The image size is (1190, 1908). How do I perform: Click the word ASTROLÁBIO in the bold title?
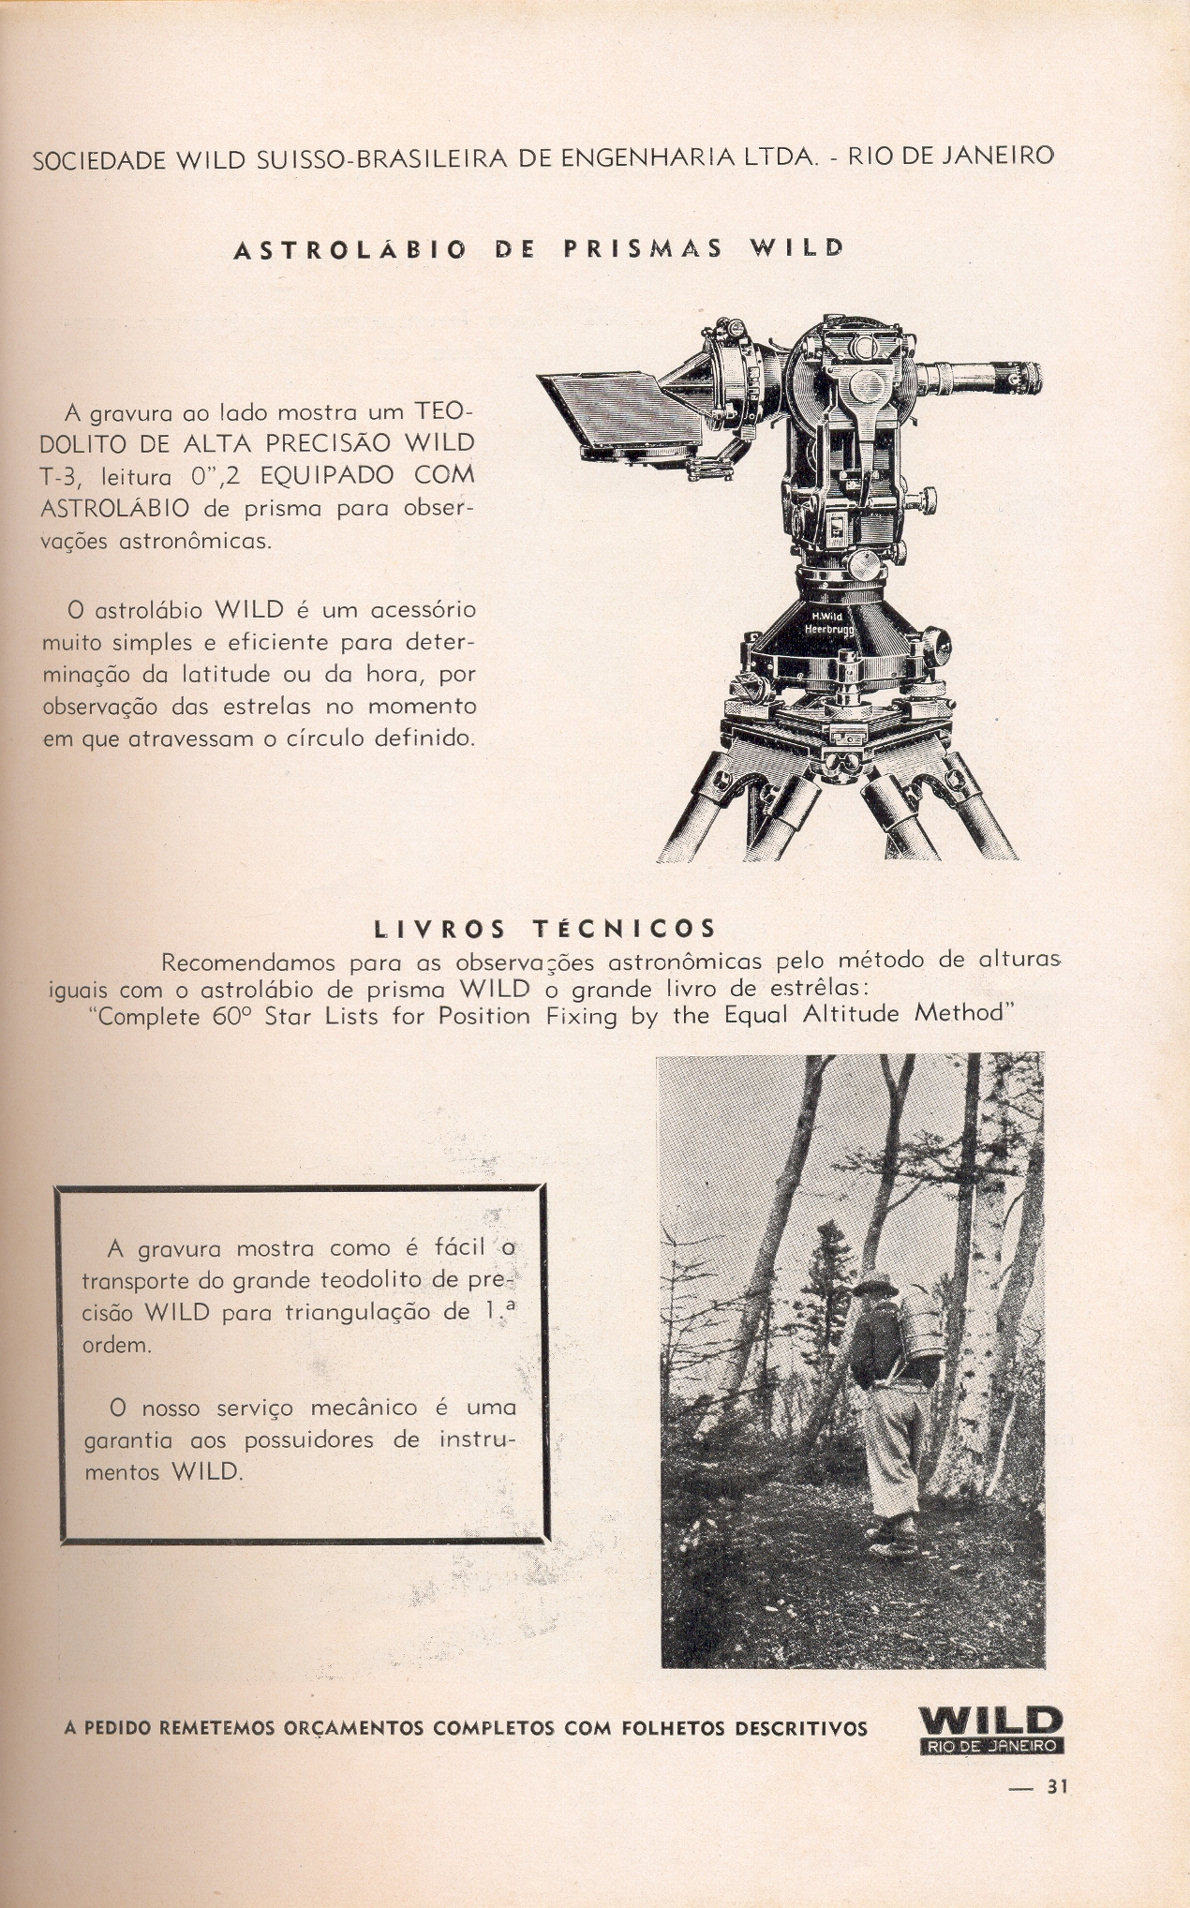tap(350, 250)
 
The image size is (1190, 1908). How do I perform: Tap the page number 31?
tap(1057, 1786)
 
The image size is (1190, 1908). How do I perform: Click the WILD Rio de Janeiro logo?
tap(991, 1730)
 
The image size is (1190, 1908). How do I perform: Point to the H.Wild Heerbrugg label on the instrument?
tap(828, 622)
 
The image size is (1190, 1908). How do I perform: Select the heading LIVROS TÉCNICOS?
tap(545, 929)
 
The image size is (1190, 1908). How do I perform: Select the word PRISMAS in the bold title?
tap(643, 249)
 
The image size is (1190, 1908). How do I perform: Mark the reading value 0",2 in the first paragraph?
tap(216, 475)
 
